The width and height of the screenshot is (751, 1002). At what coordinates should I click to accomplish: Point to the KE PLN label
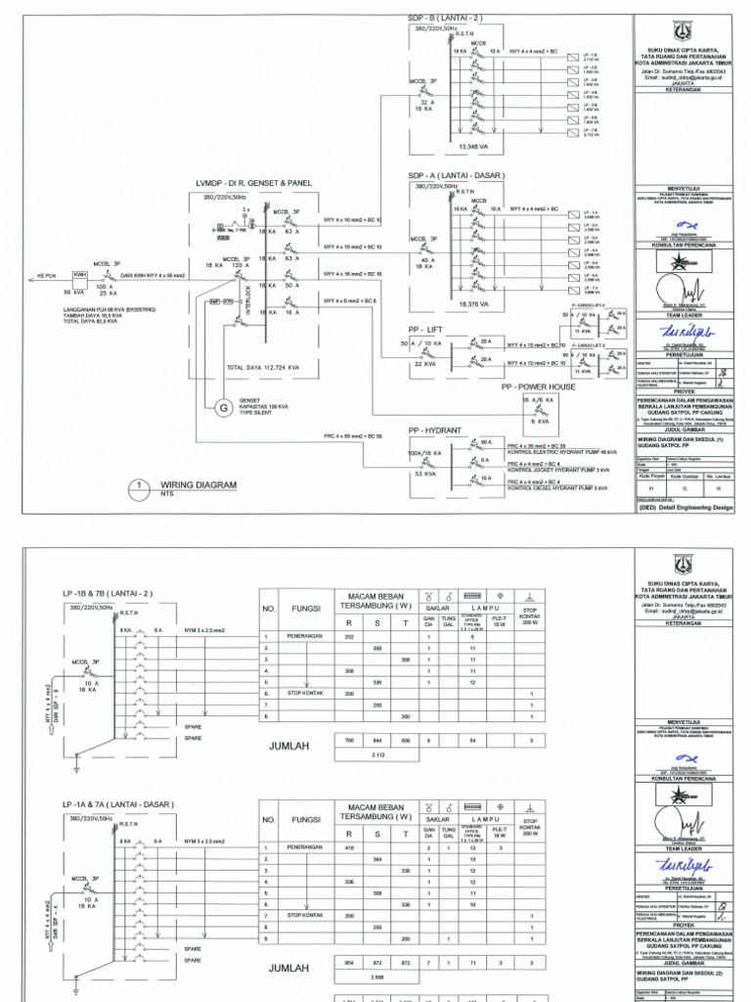[46, 277]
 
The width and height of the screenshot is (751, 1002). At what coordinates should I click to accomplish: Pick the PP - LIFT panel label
[434, 330]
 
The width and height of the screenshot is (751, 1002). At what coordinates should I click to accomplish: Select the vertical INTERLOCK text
[251, 295]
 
